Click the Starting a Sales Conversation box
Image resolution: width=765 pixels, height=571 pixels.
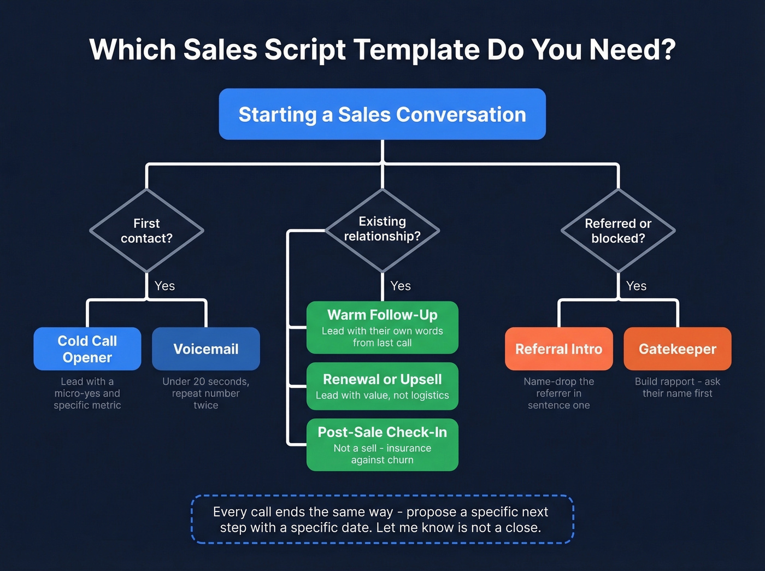coord(382,114)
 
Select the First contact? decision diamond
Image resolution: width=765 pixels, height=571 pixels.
coord(146,231)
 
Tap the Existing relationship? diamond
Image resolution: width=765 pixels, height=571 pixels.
coord(382,229)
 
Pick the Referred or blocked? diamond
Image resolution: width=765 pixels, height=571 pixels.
coord(618,231)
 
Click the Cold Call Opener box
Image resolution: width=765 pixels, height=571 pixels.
coord(87,349)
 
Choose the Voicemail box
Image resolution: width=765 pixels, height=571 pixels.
coord(206,349)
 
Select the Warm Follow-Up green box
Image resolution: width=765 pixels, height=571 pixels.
coord(382,327)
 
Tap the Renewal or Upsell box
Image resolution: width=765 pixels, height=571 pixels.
coord(382,386)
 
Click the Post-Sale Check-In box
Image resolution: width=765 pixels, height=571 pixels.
coord(382,444)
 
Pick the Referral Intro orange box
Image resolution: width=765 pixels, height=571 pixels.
coord(558,349)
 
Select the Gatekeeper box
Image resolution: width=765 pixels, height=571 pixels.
coord(677,349)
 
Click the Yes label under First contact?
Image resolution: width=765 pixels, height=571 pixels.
coord(164,286)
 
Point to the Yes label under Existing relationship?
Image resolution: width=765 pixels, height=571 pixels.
coord(401,286)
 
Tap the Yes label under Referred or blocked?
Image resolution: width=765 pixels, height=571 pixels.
coord(636,286)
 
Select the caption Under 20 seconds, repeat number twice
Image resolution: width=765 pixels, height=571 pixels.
coord(206,393)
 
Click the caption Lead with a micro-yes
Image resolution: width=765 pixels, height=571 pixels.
coord(87,393)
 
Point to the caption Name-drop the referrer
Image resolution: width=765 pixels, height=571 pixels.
coord(558,393)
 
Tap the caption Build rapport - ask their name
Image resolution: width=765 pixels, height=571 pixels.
coord(677,387)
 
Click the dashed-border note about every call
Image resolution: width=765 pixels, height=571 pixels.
coord(382,519)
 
